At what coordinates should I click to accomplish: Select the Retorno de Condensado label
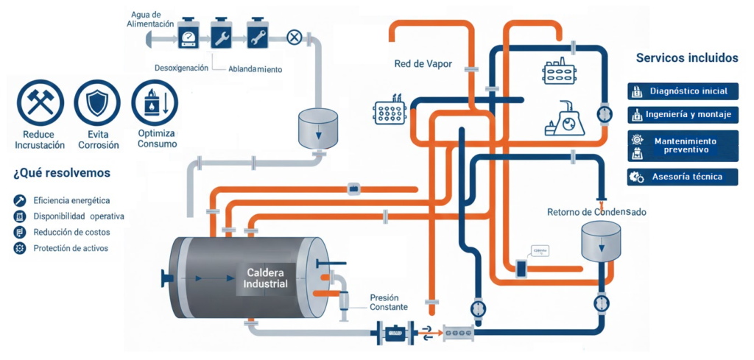click(x=596, y=212)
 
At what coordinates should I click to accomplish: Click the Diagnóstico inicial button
click(x=683, y=91)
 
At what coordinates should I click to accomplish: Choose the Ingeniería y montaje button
click(x=683, y=115)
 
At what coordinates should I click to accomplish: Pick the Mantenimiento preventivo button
click(x=683, y=145)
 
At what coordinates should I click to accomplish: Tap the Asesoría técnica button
click(x=683, y=177)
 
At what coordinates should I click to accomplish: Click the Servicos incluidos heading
click(x=686, y=57)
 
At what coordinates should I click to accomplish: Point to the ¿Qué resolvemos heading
click(x=62, y=174)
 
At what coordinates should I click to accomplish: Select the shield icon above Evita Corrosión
click(x=98, y=102)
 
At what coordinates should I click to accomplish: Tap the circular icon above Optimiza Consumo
click(x=155, y=102)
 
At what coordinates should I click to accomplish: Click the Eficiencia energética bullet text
click(x=71, y=200)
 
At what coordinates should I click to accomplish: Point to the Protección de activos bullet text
click(x=71, y=248)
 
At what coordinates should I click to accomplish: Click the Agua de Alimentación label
click(x=152, y=19)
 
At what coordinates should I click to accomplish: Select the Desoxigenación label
click(x=180, y=68)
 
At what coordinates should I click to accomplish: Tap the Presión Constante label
click(x=387, y=303)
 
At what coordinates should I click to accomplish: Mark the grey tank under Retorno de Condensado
click(x=600, y=240)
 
